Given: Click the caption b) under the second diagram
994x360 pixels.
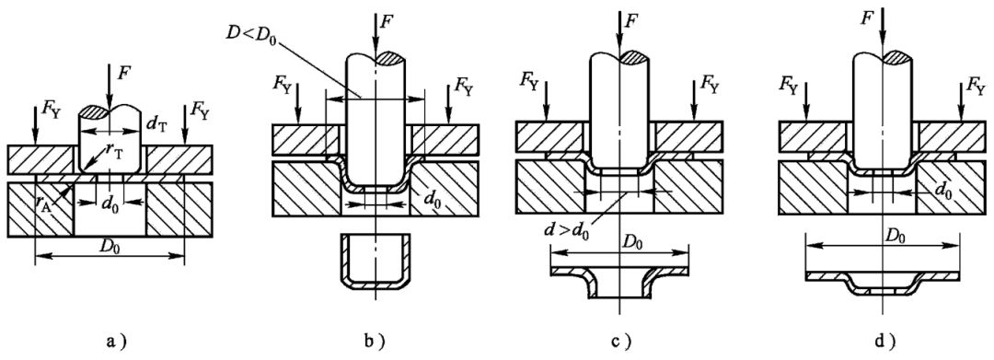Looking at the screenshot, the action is pos(376,343).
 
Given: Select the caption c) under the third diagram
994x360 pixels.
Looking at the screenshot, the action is pos(619,343).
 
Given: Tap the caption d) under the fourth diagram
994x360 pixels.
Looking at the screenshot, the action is pos(883,343).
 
